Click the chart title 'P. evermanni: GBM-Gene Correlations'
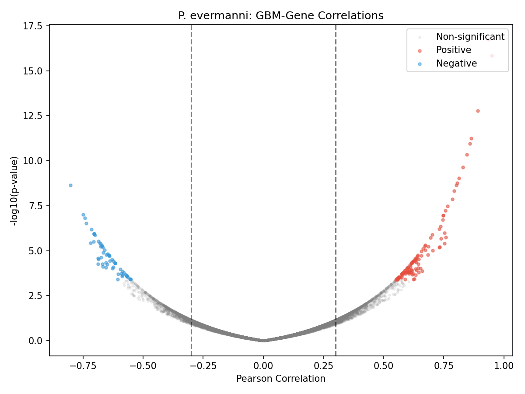[280, 16]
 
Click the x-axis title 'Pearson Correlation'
[280, 379]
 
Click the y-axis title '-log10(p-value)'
[14, 190]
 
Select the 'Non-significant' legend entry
[470, 37]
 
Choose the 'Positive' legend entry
[453, 50]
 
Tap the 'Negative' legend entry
[456, 63]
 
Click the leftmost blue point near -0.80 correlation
[70, 185]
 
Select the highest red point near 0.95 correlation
[491, 56]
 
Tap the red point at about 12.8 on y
[478, 111]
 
